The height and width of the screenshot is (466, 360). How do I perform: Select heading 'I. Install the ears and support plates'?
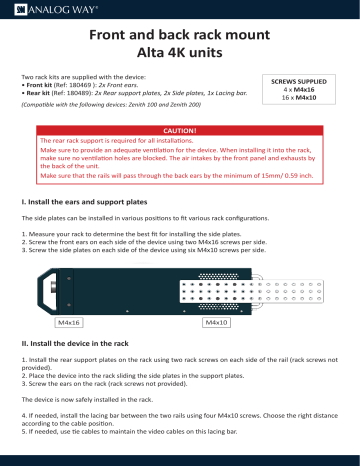[95, 202]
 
